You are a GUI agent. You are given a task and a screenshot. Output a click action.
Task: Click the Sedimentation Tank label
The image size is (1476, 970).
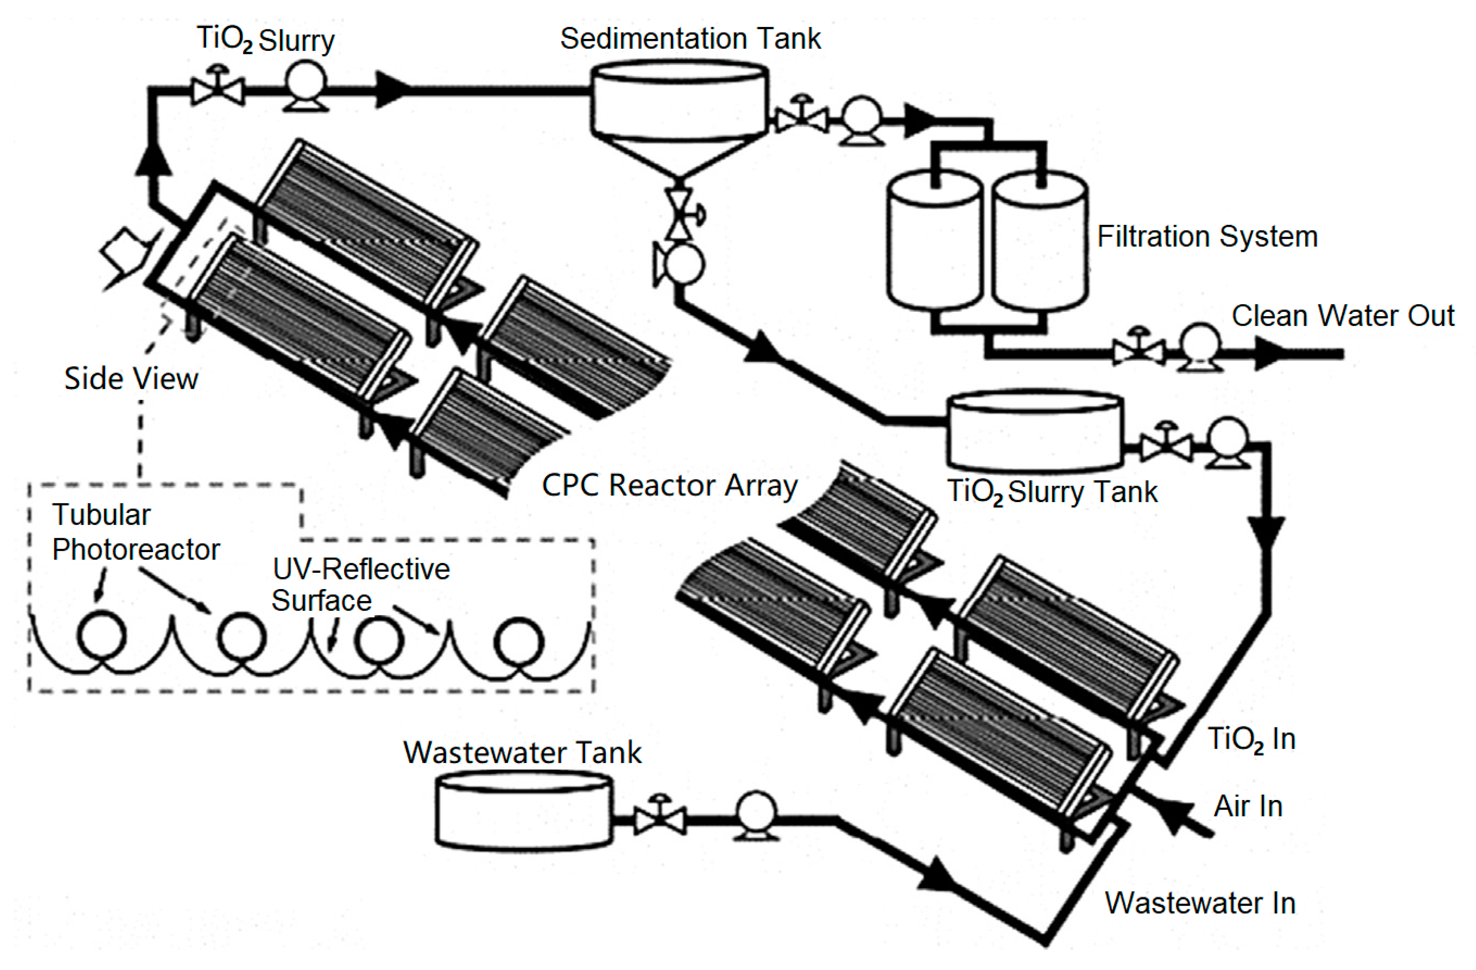coord(690,39)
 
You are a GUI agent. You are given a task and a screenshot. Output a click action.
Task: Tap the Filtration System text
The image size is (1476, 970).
coord(1207,236)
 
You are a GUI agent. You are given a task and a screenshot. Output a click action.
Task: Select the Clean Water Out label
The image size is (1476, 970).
coord(1343,316)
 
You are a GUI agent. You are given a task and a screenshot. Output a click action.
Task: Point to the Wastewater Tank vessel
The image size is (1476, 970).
coord(524,810)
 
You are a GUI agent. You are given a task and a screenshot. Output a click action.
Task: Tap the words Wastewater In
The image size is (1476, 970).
coord(1200,903)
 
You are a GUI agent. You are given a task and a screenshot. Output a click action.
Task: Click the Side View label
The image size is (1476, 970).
coord(131,378)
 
